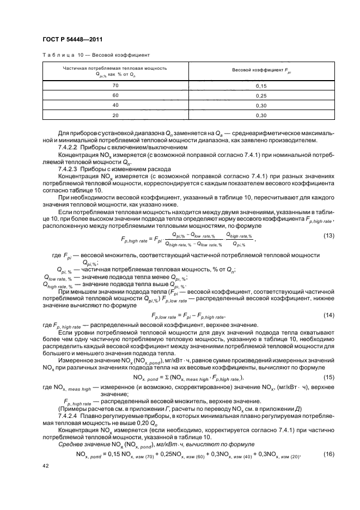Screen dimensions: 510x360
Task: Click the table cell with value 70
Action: [115, 86]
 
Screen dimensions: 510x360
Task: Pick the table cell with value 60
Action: [115, 96]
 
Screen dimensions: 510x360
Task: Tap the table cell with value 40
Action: [115, 106]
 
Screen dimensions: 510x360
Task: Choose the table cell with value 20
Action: [115, 116]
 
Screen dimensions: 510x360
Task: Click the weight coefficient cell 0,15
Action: [260, 86]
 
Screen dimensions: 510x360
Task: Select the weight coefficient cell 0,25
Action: [260, 96]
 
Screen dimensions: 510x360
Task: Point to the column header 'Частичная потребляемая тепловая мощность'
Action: [115, 69]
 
